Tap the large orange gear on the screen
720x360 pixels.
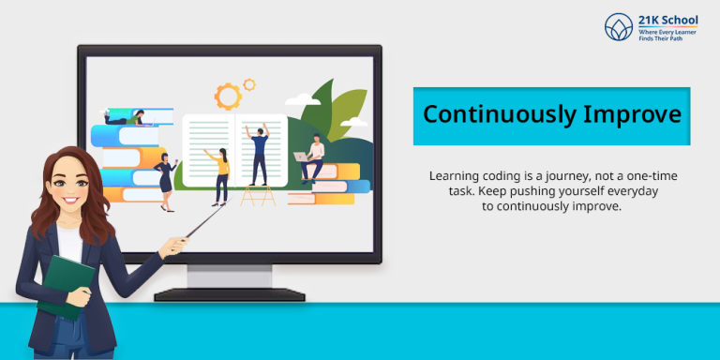click(227, 96)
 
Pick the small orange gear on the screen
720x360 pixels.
click(249, 84)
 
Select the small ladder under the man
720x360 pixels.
click(258, 195)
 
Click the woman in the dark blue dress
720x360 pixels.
click(167, 175)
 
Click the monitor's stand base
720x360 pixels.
click(230, 293)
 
